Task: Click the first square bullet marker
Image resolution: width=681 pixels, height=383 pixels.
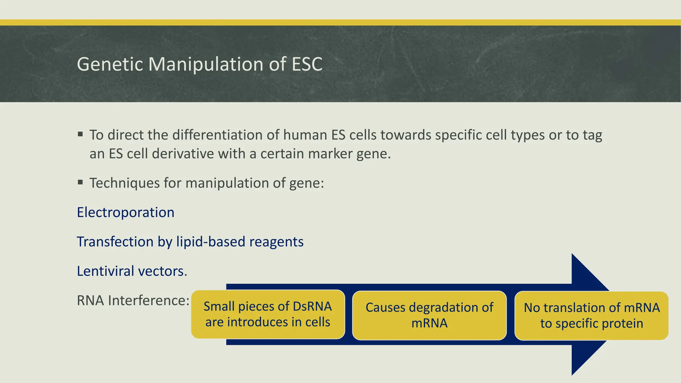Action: point(80,134)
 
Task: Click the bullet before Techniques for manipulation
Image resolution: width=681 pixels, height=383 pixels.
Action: point(80,182)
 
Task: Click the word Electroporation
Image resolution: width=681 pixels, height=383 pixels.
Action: point(125,212)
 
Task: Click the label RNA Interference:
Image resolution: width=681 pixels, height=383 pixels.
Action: point(133,301)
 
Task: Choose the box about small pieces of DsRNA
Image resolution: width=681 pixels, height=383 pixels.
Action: point(268,314)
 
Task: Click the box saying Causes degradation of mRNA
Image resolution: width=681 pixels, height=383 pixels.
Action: point(429,315)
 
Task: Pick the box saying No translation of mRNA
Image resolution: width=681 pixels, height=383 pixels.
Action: point(591,316)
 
